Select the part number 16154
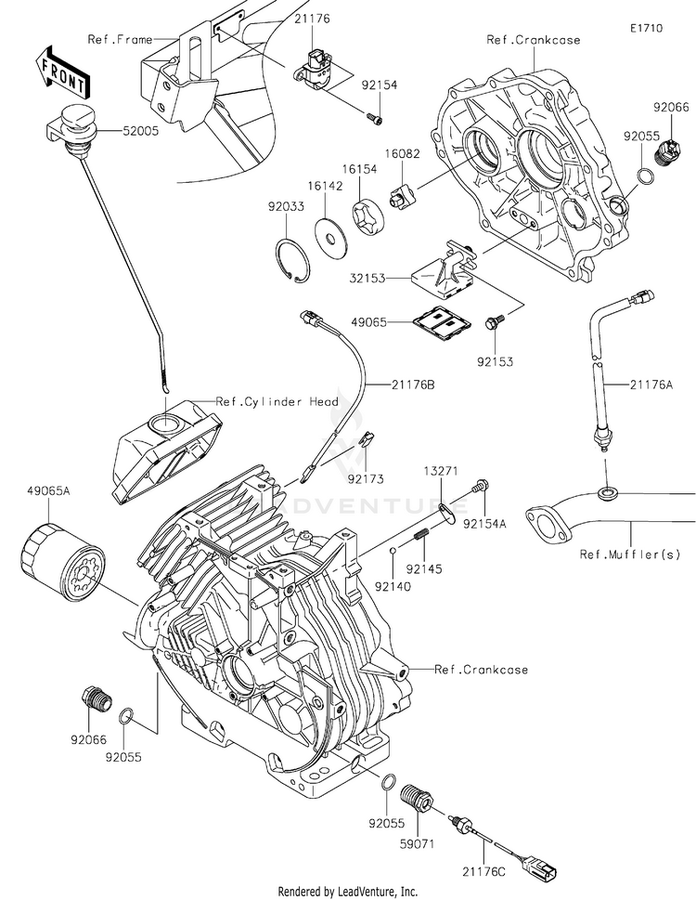(358, 170)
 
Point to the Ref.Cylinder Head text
(277, 401)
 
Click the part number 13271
(443, 472)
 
